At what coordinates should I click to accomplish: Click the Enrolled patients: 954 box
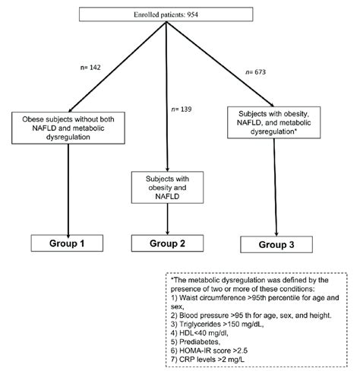point(166,14)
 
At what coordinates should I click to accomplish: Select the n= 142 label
point(90,68)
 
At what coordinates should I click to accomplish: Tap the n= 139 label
point(182,109)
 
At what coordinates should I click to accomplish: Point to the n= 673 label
point(256,72)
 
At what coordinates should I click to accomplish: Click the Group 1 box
point(67,243)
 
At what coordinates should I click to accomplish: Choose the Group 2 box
point(167,243)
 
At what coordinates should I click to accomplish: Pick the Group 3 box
point(276,245)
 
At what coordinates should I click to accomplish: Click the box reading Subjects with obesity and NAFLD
point(167,188)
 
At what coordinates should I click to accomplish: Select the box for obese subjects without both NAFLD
point(68,128)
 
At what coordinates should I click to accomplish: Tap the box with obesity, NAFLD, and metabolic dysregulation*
point(274,122)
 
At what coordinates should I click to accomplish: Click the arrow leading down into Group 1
point(68,191)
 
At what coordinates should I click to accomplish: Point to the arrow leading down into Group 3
point(275,187)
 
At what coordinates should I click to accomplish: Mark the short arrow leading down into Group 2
point(167,219)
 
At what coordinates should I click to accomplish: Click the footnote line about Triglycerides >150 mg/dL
point(217,324)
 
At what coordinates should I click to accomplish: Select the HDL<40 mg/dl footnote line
point(200,333)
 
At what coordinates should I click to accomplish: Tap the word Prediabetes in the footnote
point(199,342)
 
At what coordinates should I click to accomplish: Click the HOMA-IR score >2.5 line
point(209,350)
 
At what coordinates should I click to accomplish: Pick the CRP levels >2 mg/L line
point(207,360)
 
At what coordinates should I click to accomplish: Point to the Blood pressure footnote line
point(251,316)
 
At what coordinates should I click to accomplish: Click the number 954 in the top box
point(193,14)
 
